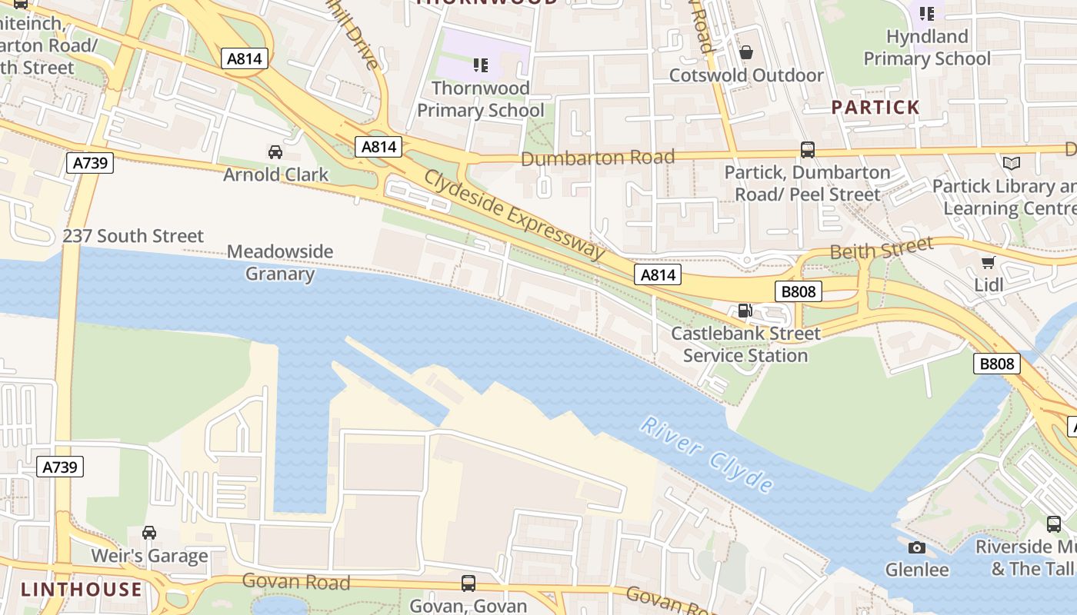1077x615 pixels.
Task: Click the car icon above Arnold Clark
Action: tap(275, 151)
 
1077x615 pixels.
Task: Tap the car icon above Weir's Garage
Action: tap(149, 532)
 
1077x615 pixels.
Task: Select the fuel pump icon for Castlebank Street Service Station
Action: tap(745, 311)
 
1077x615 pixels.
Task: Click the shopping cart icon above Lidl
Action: tap(989, 263)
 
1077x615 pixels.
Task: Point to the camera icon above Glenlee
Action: tap(916, 547)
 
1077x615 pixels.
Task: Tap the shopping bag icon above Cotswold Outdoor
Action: tap(745, 52)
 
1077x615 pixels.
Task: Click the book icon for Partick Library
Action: tap(1010, 163)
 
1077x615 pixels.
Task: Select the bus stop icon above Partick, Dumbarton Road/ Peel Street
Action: tap(807, 150)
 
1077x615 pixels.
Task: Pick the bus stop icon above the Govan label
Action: tap(468, 583)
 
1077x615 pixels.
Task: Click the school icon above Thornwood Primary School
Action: tap(480, 65)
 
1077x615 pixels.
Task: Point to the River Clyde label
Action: tap(707, 455)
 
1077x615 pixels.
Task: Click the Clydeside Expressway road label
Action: tap(514, 214)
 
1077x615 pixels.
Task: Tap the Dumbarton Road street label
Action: tap(598, 158)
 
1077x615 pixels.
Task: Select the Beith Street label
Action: tap(881, 249)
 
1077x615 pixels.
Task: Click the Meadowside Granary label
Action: tap(280, 262)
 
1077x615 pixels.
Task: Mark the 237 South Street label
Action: tap(133, 236)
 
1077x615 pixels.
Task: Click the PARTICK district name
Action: tap(875, 108)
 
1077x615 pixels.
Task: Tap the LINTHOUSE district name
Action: tap(82, 590)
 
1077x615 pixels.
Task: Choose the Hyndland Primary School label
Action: tap(927, 48)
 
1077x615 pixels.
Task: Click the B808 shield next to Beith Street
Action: tap(799, 291)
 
